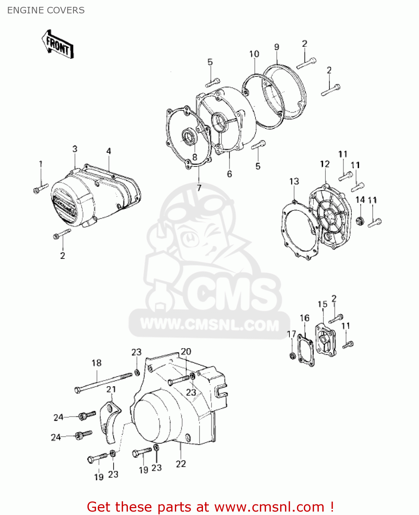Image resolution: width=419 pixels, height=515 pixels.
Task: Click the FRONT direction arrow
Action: tap(58, 44)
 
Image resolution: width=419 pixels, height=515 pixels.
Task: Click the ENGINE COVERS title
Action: tap(46, 10)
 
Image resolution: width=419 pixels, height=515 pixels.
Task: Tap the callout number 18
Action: tap(97, 363)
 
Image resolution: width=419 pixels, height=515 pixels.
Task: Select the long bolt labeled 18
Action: tap(104, 383)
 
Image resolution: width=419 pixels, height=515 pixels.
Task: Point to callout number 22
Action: tap(181, 464)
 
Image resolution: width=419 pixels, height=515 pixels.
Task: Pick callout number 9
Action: tap(277, 47)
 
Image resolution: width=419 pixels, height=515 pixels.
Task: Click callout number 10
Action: tap(254, 54)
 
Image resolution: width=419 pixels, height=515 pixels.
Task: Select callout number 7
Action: tap(199, 188)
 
